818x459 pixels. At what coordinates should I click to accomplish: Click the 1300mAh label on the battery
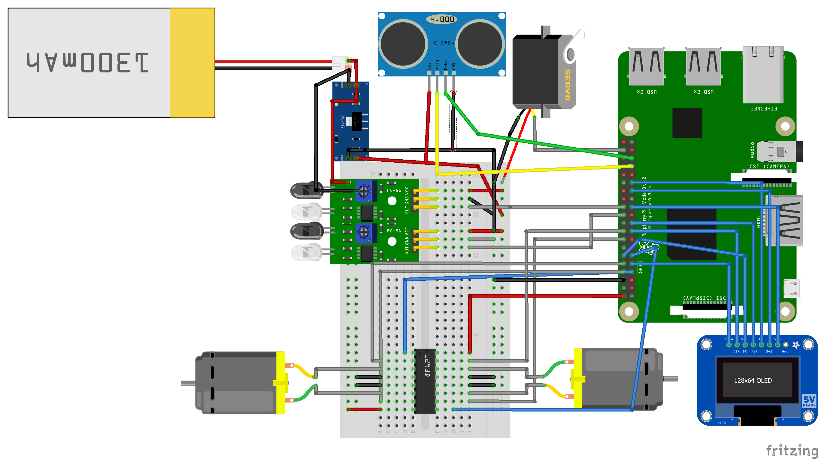pos(88,62)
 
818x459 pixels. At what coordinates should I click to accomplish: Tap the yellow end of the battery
pos(192,63)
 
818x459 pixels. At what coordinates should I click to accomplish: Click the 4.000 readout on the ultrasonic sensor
pos(442,20)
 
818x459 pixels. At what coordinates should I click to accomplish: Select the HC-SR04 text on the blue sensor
pos(442,43)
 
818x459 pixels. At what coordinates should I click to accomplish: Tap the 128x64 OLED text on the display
pos(753,381)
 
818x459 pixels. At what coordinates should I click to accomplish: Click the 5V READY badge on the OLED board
pos(809,401)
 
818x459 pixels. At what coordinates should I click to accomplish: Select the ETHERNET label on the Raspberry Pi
pos(764,109)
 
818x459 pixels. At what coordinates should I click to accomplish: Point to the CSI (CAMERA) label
pos(769,166)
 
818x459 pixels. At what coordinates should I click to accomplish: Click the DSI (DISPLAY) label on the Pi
pos(704,298)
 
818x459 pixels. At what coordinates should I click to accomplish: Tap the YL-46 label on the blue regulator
pos(342,121)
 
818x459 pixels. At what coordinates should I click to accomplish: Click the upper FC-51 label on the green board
pos(394,190)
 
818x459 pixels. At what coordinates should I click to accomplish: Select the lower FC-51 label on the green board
pos(394,231)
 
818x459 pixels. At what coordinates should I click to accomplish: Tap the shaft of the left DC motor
pos(188,383)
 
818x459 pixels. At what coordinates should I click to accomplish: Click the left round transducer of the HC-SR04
pos(403,44)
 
